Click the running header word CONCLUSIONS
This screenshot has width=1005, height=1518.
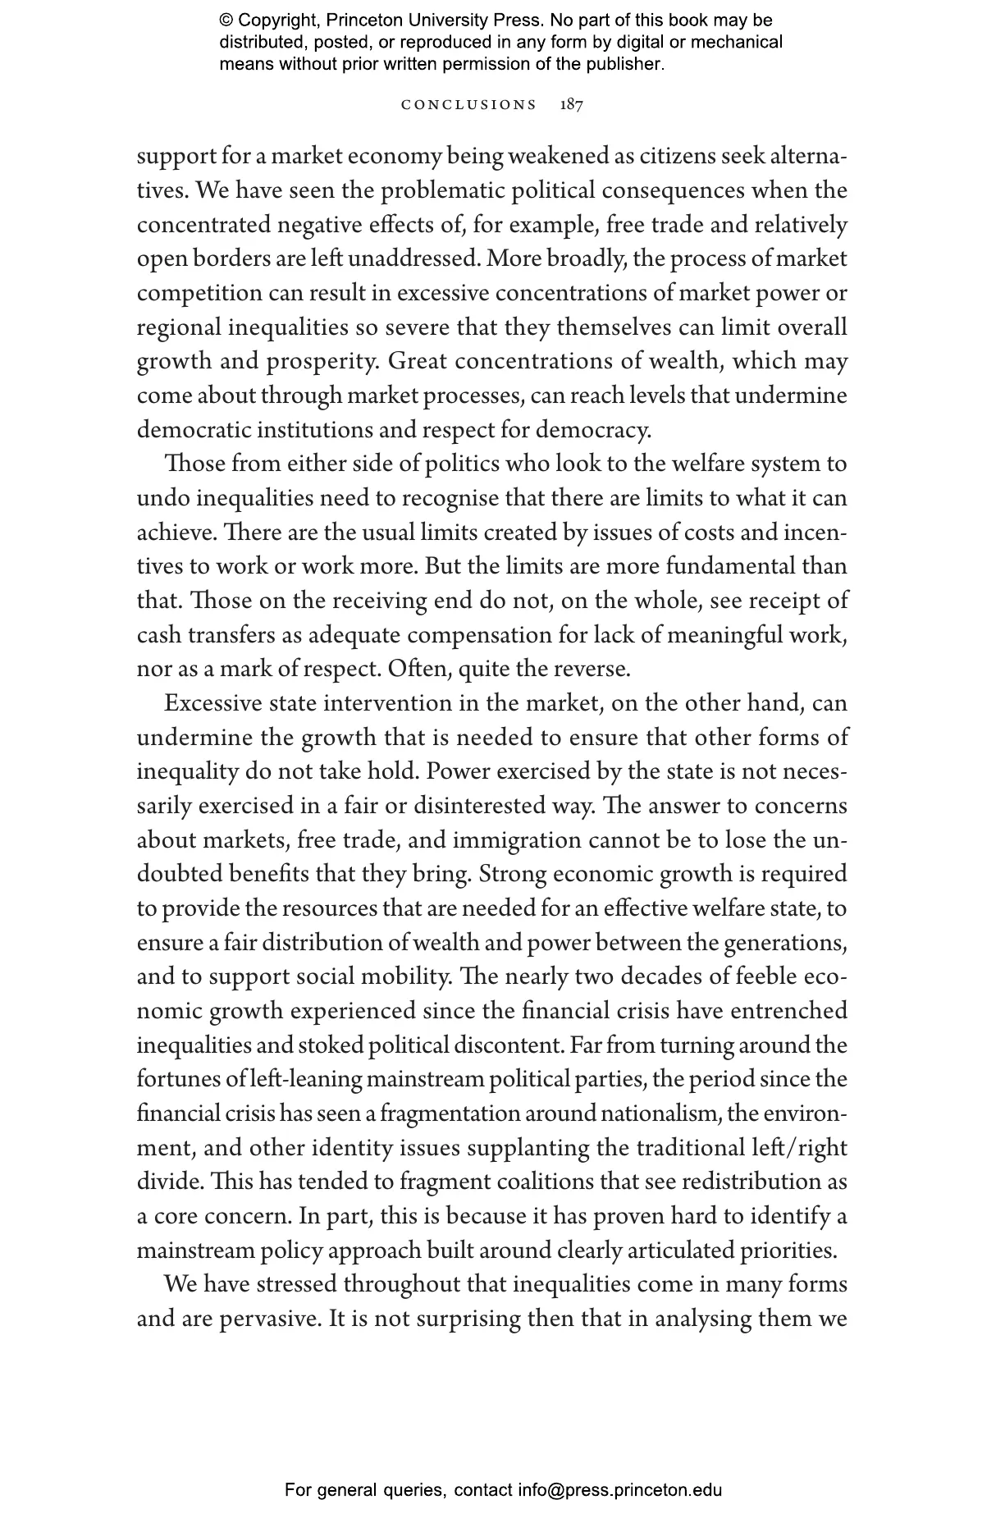pos(468,105)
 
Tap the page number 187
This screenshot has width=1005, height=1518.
pos(571,105)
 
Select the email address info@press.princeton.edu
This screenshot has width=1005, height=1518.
pos(619,1490)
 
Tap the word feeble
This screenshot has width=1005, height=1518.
pos(766,977)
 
